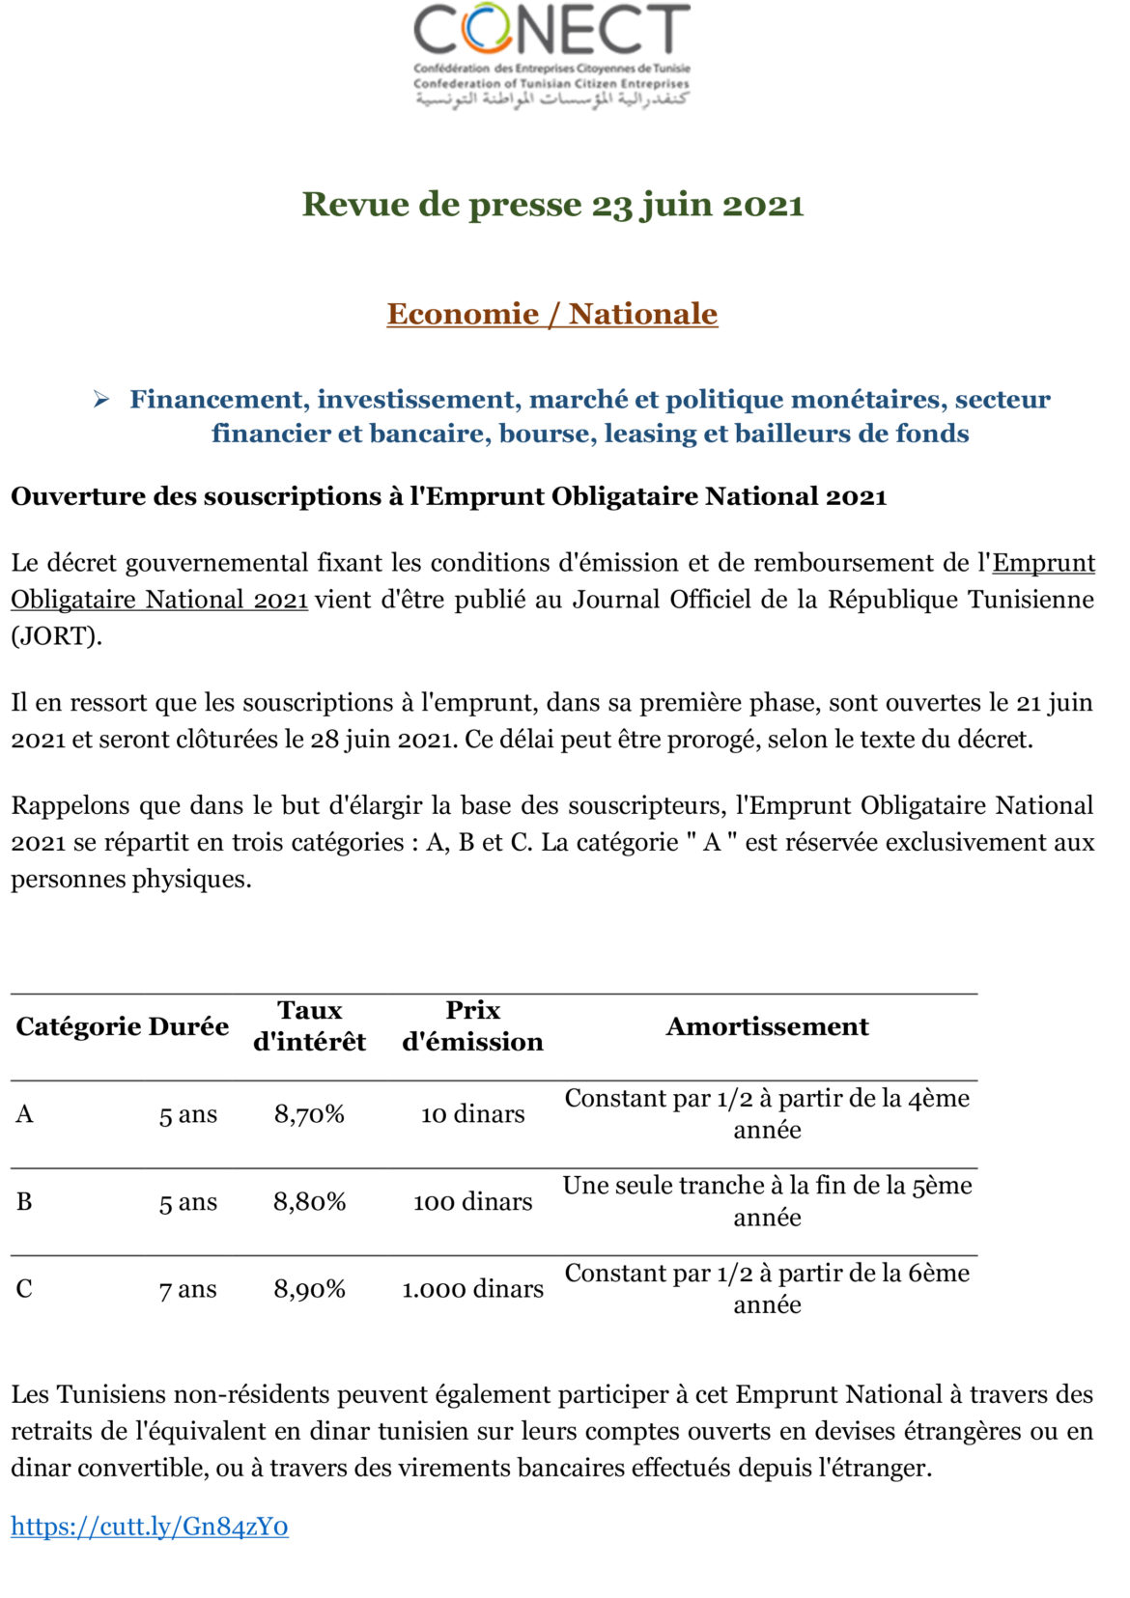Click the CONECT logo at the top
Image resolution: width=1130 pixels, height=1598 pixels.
[551, 55]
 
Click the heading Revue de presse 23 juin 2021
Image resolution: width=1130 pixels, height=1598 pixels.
[552, 205]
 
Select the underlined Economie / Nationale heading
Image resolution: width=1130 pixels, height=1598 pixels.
[552, 314]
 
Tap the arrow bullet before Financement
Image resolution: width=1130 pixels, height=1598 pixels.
[101, 400]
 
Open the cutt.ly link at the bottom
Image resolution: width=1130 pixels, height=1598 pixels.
[150, 1526]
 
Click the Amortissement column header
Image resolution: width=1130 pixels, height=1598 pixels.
[767, 1026]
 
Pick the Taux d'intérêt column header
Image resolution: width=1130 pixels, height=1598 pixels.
[309, 1025]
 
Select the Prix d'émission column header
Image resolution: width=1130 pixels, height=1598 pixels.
[472, 1025]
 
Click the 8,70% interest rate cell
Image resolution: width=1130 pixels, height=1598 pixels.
[309, 1114]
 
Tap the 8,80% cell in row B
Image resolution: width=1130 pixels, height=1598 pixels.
[309, 1201]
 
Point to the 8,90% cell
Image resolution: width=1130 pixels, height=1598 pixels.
[309, 1289]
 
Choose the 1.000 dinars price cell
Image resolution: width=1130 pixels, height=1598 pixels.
[472, 1289]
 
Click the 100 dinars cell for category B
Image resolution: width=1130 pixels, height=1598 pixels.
[472, 1201]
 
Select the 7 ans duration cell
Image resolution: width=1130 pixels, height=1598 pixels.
[188, 1289]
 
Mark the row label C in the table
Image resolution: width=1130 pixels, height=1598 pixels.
[24, 1289]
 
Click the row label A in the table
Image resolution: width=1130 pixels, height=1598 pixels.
[24, 1114]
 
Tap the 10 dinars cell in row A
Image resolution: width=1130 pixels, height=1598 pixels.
[472, 1114]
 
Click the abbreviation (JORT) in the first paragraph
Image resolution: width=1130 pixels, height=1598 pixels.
[56, 636]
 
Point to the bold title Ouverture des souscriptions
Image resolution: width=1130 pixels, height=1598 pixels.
[448, 496]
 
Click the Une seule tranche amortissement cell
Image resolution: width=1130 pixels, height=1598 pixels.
[767, 1201]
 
